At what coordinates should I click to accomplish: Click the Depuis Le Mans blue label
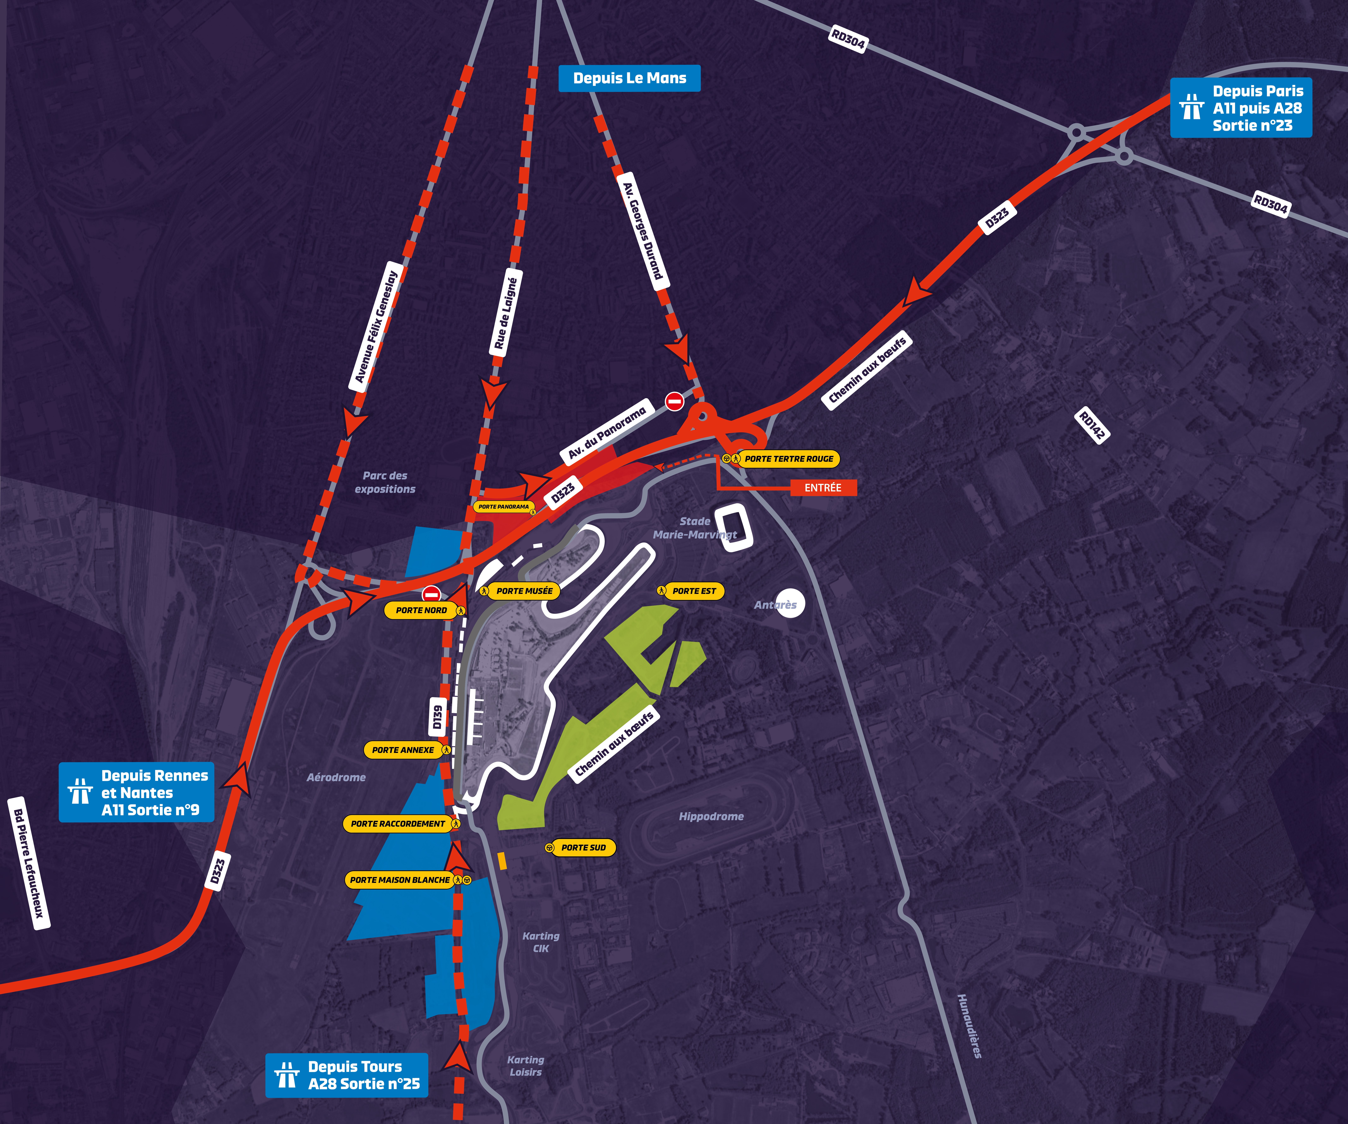(x=629, y=78)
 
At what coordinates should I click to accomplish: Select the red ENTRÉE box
(x=823, y=488)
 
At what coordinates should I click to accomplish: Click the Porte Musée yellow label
(x=519, y=591)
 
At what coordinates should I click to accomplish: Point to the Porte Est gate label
(x=690, y=591)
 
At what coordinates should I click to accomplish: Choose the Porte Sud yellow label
(x=580, y=847)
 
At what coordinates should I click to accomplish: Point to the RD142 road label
(x=1092, y=425)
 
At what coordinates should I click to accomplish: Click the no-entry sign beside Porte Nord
(x=431, y=594)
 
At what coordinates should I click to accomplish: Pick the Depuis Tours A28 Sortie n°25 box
(x=347, y=1075)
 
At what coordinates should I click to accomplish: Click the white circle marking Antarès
(x=790, y=603)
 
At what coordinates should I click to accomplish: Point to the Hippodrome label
(x=711, y=817)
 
